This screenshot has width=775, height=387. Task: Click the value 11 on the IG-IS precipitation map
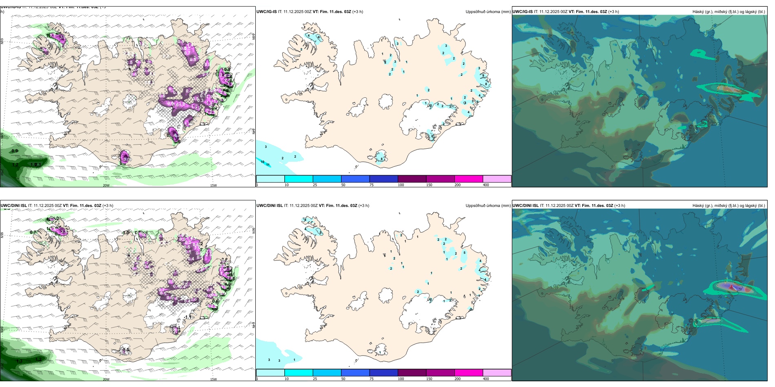click(268, 165)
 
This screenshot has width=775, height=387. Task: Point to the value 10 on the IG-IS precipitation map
click(263, 162)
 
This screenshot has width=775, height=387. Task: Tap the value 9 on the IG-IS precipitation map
click(483, 75)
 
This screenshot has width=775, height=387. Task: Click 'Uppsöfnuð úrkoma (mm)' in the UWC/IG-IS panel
click(488, 12)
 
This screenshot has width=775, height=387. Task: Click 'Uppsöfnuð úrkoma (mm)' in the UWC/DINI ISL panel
click(488, 206)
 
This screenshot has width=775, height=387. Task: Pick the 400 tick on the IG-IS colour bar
click(486, 185)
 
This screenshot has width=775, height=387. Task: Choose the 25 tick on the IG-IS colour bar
click(315, 185)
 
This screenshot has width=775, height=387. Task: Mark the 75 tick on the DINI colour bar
click(372, 379)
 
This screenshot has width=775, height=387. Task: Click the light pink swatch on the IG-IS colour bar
click(497, 179)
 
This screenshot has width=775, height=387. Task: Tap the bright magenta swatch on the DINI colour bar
click(469, 373)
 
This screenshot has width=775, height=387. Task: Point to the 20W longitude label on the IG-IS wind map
click(106, 185)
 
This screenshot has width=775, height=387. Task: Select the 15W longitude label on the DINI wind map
click(213, 379)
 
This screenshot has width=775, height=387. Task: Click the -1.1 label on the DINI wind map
click(187, 317)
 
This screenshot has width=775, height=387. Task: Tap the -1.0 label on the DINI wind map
click(125, 233)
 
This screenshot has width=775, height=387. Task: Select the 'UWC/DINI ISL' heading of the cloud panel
click(525, 206)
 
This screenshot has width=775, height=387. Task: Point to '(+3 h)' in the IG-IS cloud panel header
click(613, 12)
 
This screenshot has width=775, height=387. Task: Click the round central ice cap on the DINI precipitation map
click(385, 294)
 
